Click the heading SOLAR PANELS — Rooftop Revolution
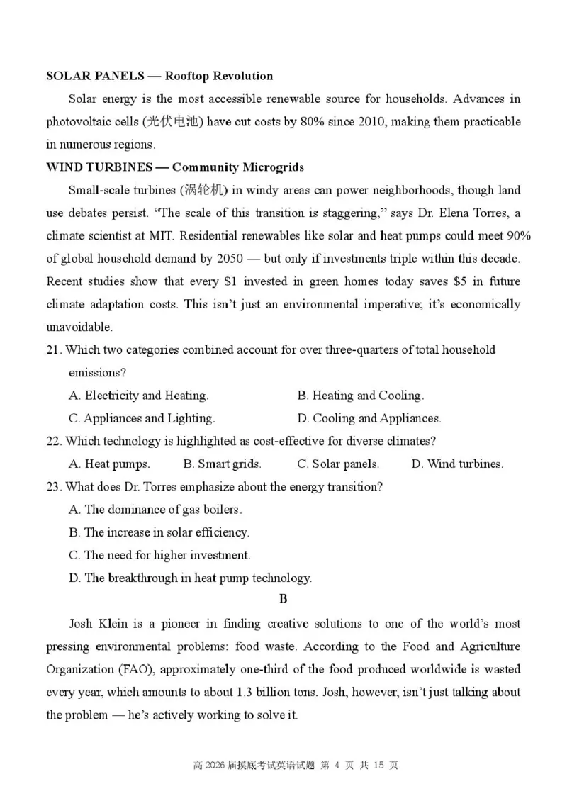click(x=159, y=76)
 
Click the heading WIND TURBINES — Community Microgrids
click(x=175, y=167)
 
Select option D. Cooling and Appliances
click(x=369, y=418)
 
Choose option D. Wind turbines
click(x=457, y=464)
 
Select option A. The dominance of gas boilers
click(x=155, y=510)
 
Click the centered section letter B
click(x=283, y=600)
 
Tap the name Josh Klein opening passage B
click(x=97, y=624)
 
